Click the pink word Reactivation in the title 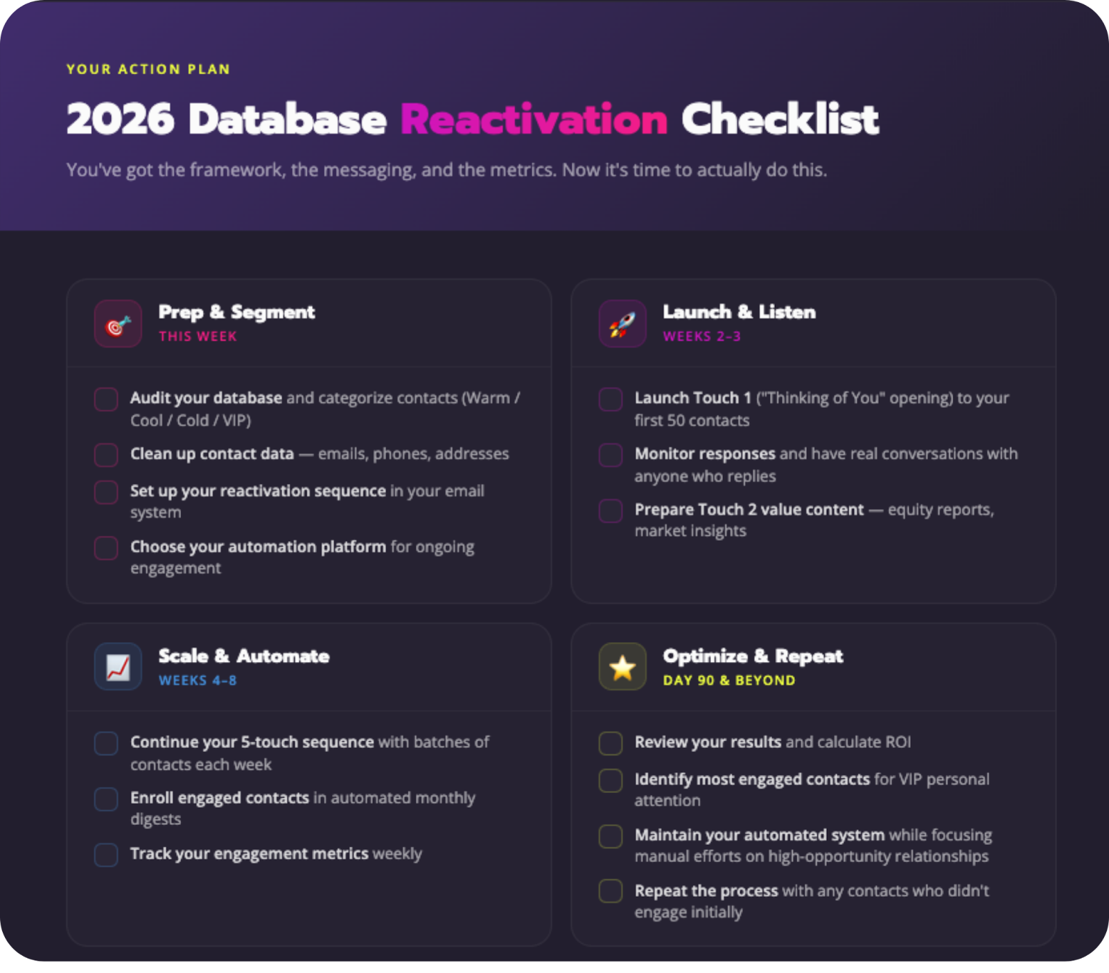[534, 120]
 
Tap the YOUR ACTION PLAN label [148, 69]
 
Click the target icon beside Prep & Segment [119, 324]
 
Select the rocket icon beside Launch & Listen [622, 324]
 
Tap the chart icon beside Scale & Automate [119, 667]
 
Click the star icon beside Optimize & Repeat [622, 667]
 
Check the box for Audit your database [106, 400]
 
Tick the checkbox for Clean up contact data [106, 455]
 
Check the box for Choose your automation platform [106, 548]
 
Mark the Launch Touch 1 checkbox [611, 400]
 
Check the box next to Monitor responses [611, 455]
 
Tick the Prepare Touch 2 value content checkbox [611, 511]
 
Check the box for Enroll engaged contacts [106, 799]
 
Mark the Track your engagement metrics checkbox [106, 855]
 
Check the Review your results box [611, 743]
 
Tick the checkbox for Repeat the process [611, 891]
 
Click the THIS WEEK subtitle [198, 337]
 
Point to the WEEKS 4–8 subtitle [198, 681]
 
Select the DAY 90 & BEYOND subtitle [728, 681]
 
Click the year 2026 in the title [120, 120]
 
